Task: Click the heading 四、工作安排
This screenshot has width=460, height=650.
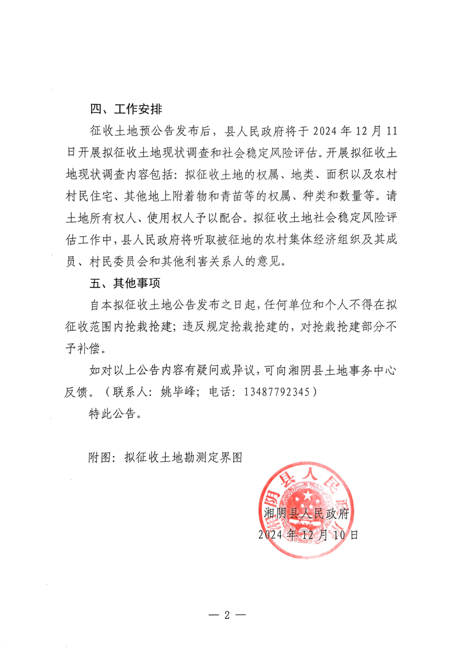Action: tap(126, 109)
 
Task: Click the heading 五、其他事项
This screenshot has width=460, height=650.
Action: tap(126, 284)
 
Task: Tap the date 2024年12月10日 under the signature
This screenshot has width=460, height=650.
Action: tap(308, 535)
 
